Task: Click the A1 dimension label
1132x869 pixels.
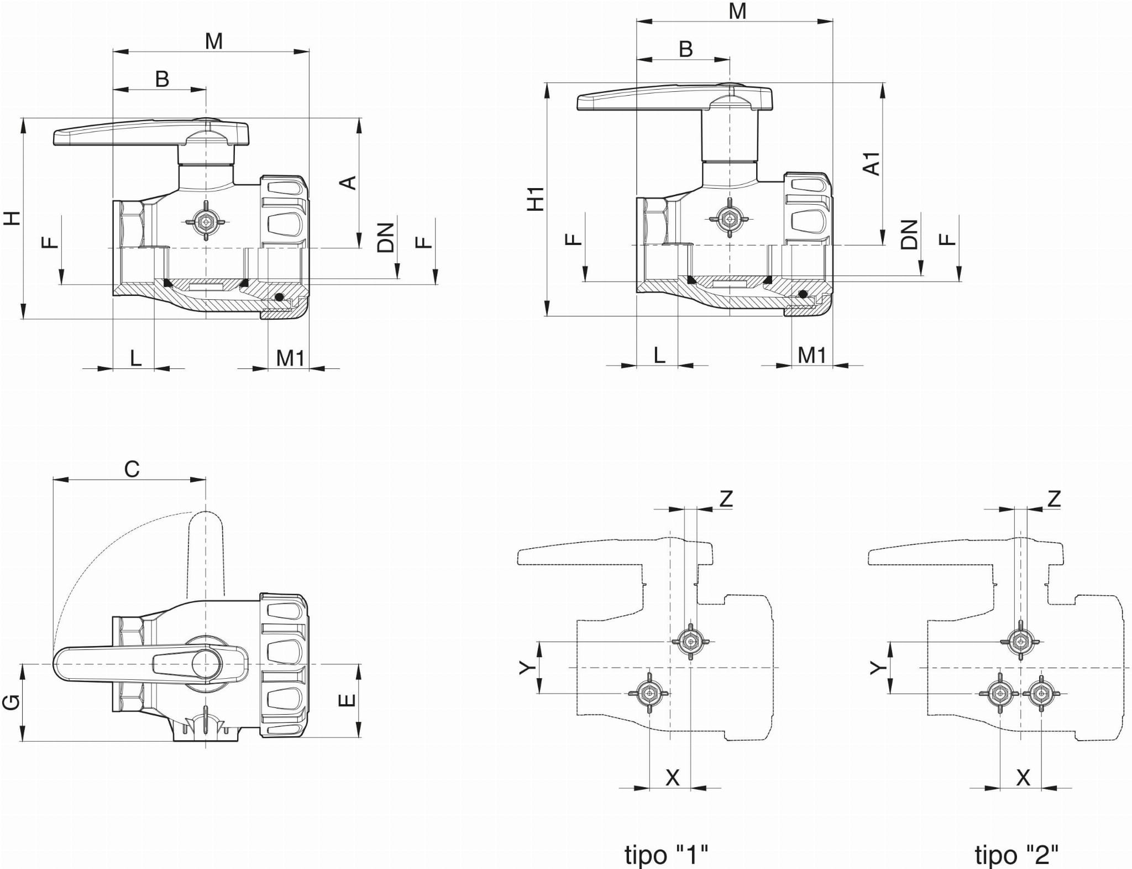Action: click(871, 164)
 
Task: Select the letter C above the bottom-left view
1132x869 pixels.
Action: click(132, 469)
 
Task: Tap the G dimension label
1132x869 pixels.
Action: click(12, 703)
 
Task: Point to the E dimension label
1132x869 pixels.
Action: click(347, 700)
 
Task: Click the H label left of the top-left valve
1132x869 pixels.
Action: click(12, 218)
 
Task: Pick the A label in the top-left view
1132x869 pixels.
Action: click(348, 183)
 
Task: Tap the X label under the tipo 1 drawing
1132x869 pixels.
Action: click(672, 778)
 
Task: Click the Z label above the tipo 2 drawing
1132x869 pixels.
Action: click(1054, 499)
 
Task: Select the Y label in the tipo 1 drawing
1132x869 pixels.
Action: click(528, 668)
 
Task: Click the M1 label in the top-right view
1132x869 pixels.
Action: click(811, 355)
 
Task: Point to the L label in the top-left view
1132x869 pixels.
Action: click(135, 358)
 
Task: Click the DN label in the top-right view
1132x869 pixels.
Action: click(909, 235)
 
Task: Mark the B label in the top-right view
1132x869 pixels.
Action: click(685, 49)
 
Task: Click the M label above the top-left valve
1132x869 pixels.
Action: click(213, 41)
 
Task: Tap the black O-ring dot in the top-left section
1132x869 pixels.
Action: click(280, 297)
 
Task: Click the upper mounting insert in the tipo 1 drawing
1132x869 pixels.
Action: click(690, 642)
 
